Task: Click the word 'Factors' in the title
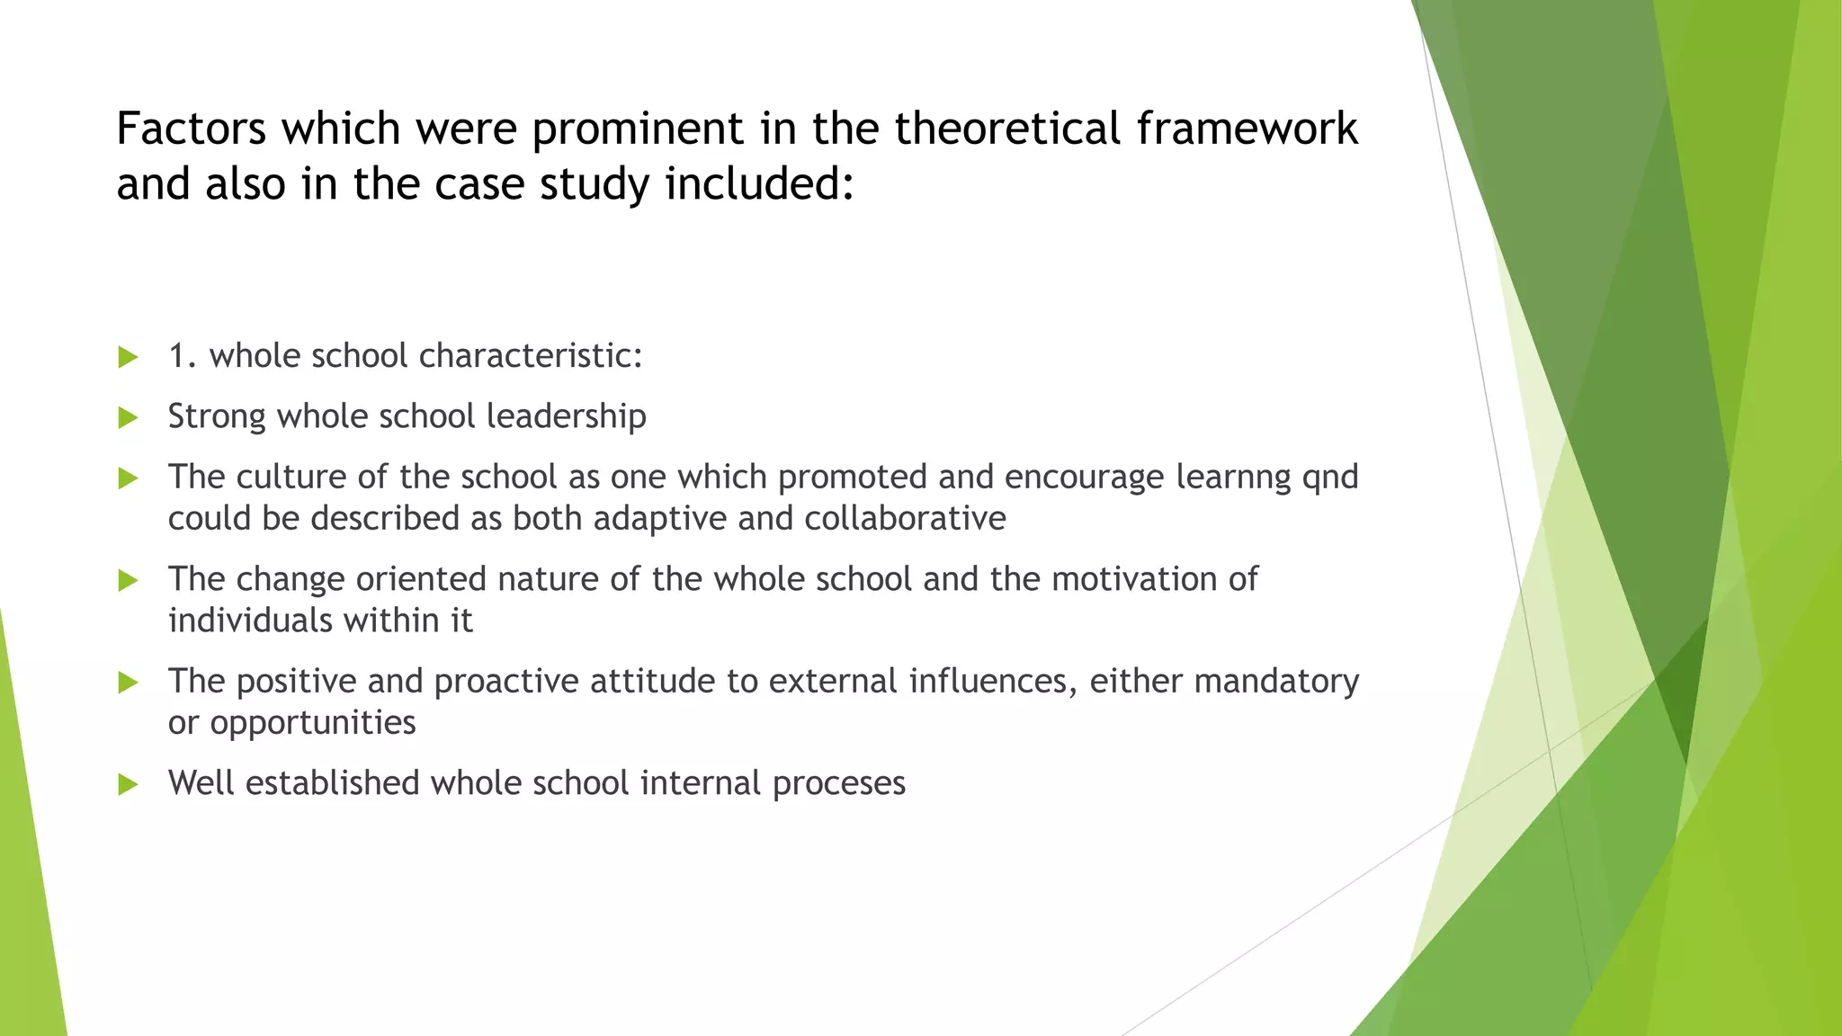[x=191, y=129]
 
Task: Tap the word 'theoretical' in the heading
[x=1007, y=129]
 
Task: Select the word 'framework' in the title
[x=1247, y=129]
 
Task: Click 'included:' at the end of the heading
[x=758, y=184]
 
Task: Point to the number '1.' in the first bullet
[x=183, y=356]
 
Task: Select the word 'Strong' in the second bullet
[x=217, y=416]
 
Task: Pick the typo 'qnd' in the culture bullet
[x=1330, y=478]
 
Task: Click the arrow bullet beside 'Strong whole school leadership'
[x=128, y=417]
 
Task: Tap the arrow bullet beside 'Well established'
[x=128, y=784]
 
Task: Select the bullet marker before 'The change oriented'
[x=128, y=580]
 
